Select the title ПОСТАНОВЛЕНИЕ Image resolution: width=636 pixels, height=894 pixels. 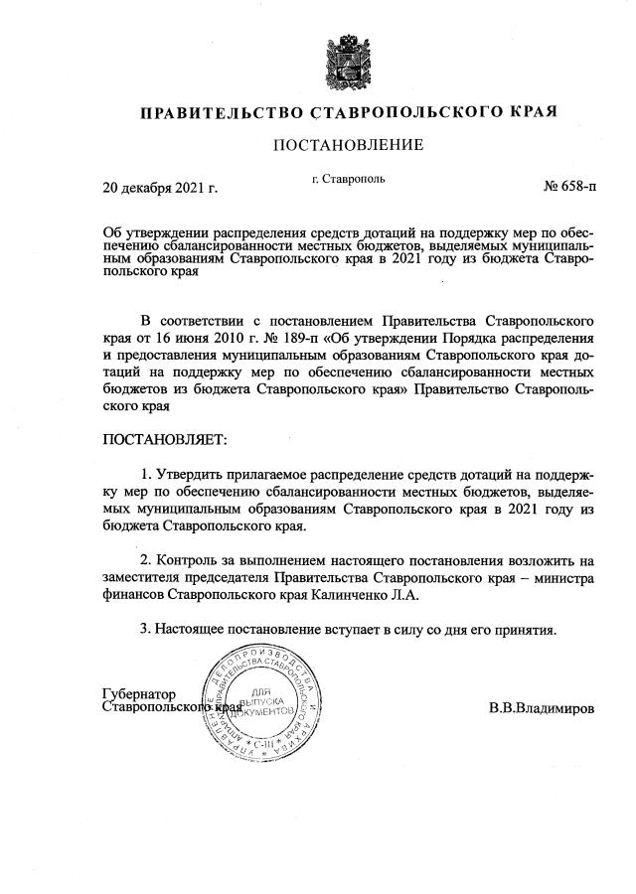(x=348, y=145)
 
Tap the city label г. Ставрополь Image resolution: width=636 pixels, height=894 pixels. (x=348, y=180)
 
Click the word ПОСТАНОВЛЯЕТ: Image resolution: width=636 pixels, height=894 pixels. (x=165, y=437)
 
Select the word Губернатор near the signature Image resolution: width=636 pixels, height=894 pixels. (x=139, y=693)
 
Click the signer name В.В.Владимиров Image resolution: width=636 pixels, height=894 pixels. (x=541, y=710)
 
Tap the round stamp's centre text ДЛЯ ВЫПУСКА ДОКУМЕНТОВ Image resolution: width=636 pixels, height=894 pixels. (x=261, y=702)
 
